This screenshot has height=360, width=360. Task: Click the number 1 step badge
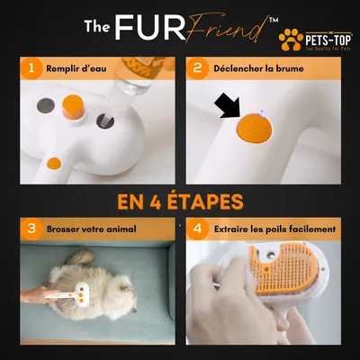click(31, 67)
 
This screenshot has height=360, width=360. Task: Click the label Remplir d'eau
click(83, 67)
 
